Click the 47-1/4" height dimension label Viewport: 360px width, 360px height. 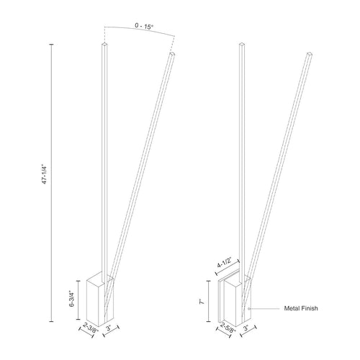coord(44,174)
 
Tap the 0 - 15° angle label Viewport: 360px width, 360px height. coord(144,26)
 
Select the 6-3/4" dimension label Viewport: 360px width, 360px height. coord(72,299)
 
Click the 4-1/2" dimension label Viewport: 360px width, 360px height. coord(224,262)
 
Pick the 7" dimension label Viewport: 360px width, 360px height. coord(202,302)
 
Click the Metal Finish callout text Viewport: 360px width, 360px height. coord(301,308)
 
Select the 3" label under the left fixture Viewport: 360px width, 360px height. coord(109,328)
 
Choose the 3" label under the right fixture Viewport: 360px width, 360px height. coord(246,328)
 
